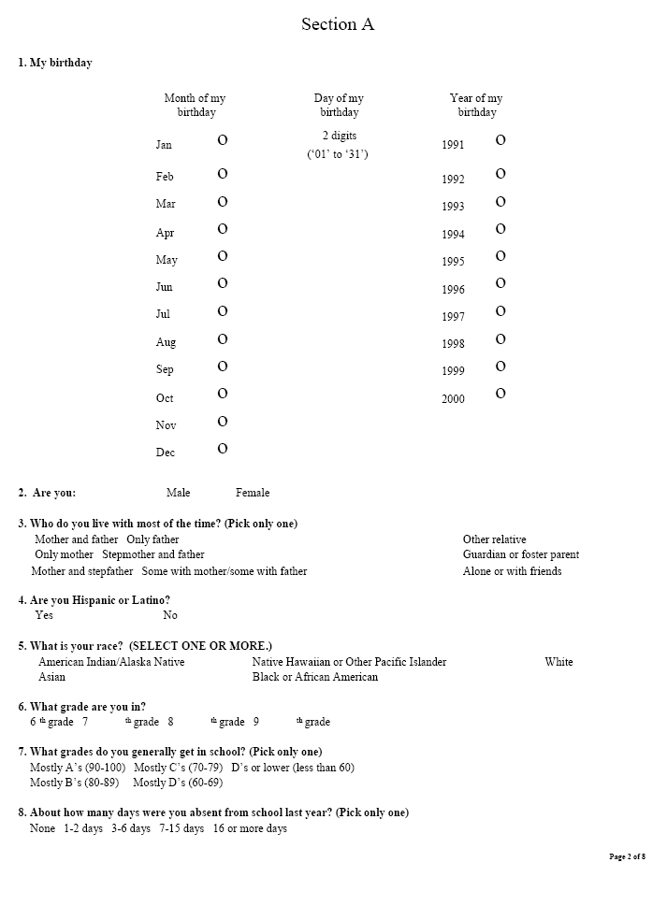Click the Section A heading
pos(337,25)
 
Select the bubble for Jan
pos(223,140)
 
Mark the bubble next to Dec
pos(223,449)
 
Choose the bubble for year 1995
pos(500,256)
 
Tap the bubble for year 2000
pos(500,394)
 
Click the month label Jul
pos(164,315)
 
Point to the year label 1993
pos(453,207)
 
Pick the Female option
pos(253,493)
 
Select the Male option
pos(178,493)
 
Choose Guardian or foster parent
pos(520,554)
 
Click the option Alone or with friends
pos(512,571)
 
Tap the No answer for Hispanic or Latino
pos(170,615)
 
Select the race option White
pos(558,662)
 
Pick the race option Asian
pos(51,677)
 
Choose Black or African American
pos(314,677)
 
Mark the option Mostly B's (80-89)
pos(74,783)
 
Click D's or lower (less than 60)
pos(293,768)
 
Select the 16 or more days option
pos(250,828)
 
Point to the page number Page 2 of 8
pos(627,856)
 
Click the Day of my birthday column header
pos(339,105)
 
